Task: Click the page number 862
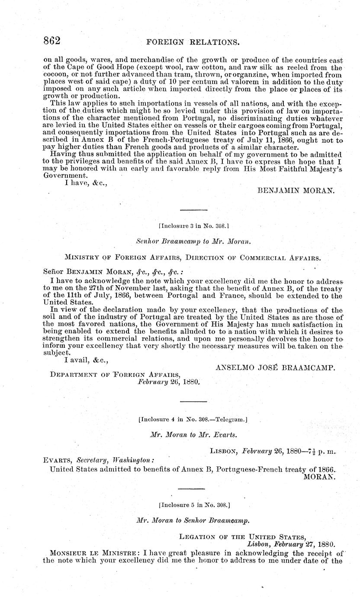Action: (x=51, y=41)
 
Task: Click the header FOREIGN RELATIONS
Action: (x=193, y=42)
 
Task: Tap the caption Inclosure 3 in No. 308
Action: (x=193, y=225)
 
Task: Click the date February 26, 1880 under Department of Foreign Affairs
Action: (x=168, y=382)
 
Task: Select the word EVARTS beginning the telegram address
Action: (x=58, y=460)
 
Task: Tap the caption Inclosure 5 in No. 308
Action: (x=193, y=504)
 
